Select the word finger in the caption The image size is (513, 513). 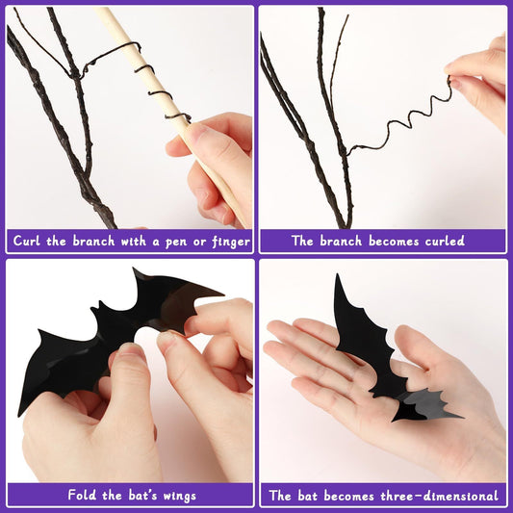pyautogui.click(x=228, y=242)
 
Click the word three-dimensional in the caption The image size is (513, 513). pyautogui.click(x=443, y=496)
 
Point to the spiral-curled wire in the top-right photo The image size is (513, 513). pyautogui.click(x=404, y=120)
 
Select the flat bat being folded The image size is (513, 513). pyautogui.click(x=96, y=327)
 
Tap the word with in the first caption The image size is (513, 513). pyautogui.click(x=136, y=241)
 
